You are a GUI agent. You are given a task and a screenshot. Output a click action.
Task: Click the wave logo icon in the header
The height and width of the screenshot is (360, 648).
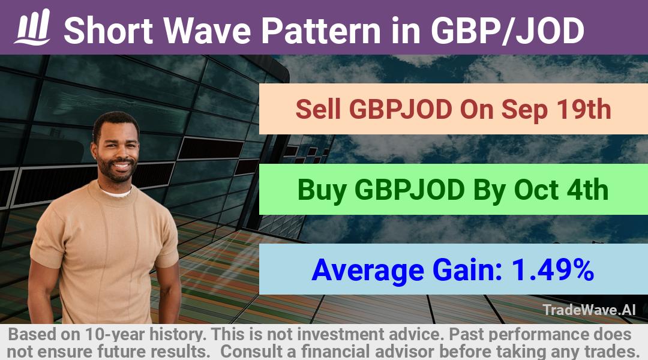pyautogui.click(x=32, y=27)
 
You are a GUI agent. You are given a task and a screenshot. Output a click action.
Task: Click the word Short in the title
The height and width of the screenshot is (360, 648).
pyautogui.click(x=108, y=31)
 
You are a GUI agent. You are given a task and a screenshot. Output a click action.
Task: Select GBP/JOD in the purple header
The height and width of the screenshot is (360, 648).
pyautogui.click(x=507, y=31)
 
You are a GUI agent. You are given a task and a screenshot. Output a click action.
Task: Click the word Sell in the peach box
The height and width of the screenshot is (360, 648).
pyautogui.click(x=318, y=110)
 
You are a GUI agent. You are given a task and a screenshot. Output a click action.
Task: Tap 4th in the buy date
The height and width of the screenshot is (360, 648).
pyautogui.click(x=587, y=190)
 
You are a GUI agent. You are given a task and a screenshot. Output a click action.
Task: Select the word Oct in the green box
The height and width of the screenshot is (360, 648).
pyautogui.click(x=536, y=190)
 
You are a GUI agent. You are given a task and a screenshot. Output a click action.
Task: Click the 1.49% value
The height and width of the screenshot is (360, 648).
pyautogui.click(x=553, y=270)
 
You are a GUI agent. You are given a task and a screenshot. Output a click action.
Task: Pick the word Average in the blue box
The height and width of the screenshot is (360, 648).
pyautogui.click(x=368, y=271)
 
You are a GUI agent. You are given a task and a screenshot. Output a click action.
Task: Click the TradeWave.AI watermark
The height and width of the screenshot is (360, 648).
pyautogui.click(x=589, y=310)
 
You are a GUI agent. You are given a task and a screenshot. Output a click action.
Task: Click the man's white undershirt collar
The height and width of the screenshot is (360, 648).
pyautogui.click(x=116, y=192)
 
